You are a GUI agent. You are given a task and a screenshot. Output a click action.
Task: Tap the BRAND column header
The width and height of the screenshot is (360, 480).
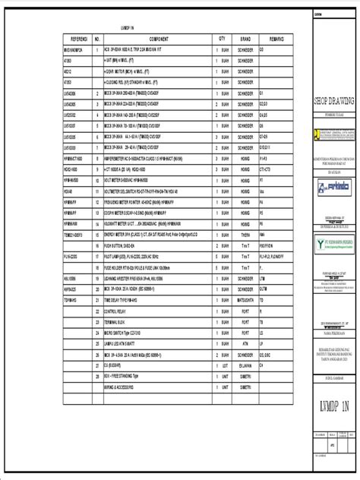(x=245, y=37)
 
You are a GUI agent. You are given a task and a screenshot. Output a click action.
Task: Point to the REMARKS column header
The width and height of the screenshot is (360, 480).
(x=276, y=37)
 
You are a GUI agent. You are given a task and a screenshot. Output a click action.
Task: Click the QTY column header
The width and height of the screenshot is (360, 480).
(x=222, y=37)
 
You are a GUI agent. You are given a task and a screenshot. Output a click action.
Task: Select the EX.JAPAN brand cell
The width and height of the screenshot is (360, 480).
(x=245, y=343)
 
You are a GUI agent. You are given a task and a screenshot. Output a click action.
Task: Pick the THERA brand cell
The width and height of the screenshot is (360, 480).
(x=245, y=235)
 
